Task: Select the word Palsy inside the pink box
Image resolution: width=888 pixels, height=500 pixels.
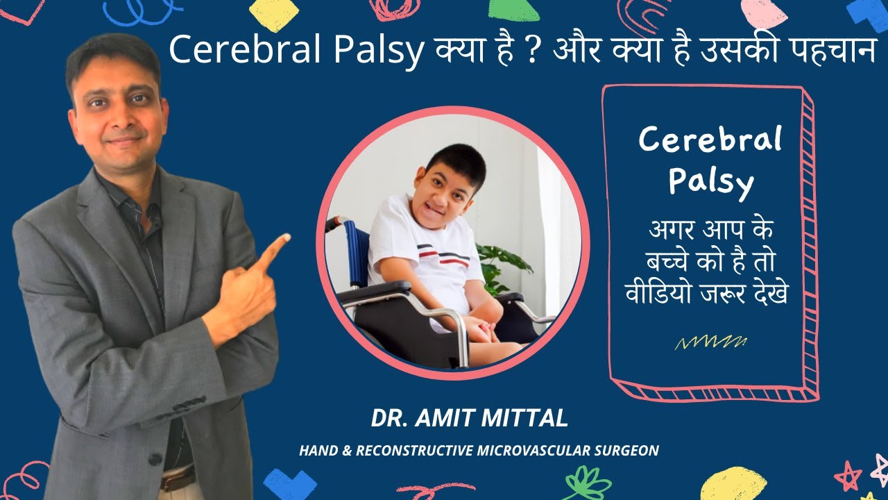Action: (711, 181)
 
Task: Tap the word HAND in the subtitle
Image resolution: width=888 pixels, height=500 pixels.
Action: (316, 451)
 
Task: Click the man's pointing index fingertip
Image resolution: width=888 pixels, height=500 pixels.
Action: (284, 238)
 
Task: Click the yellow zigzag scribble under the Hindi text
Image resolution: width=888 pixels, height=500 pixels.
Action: (710, 342)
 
